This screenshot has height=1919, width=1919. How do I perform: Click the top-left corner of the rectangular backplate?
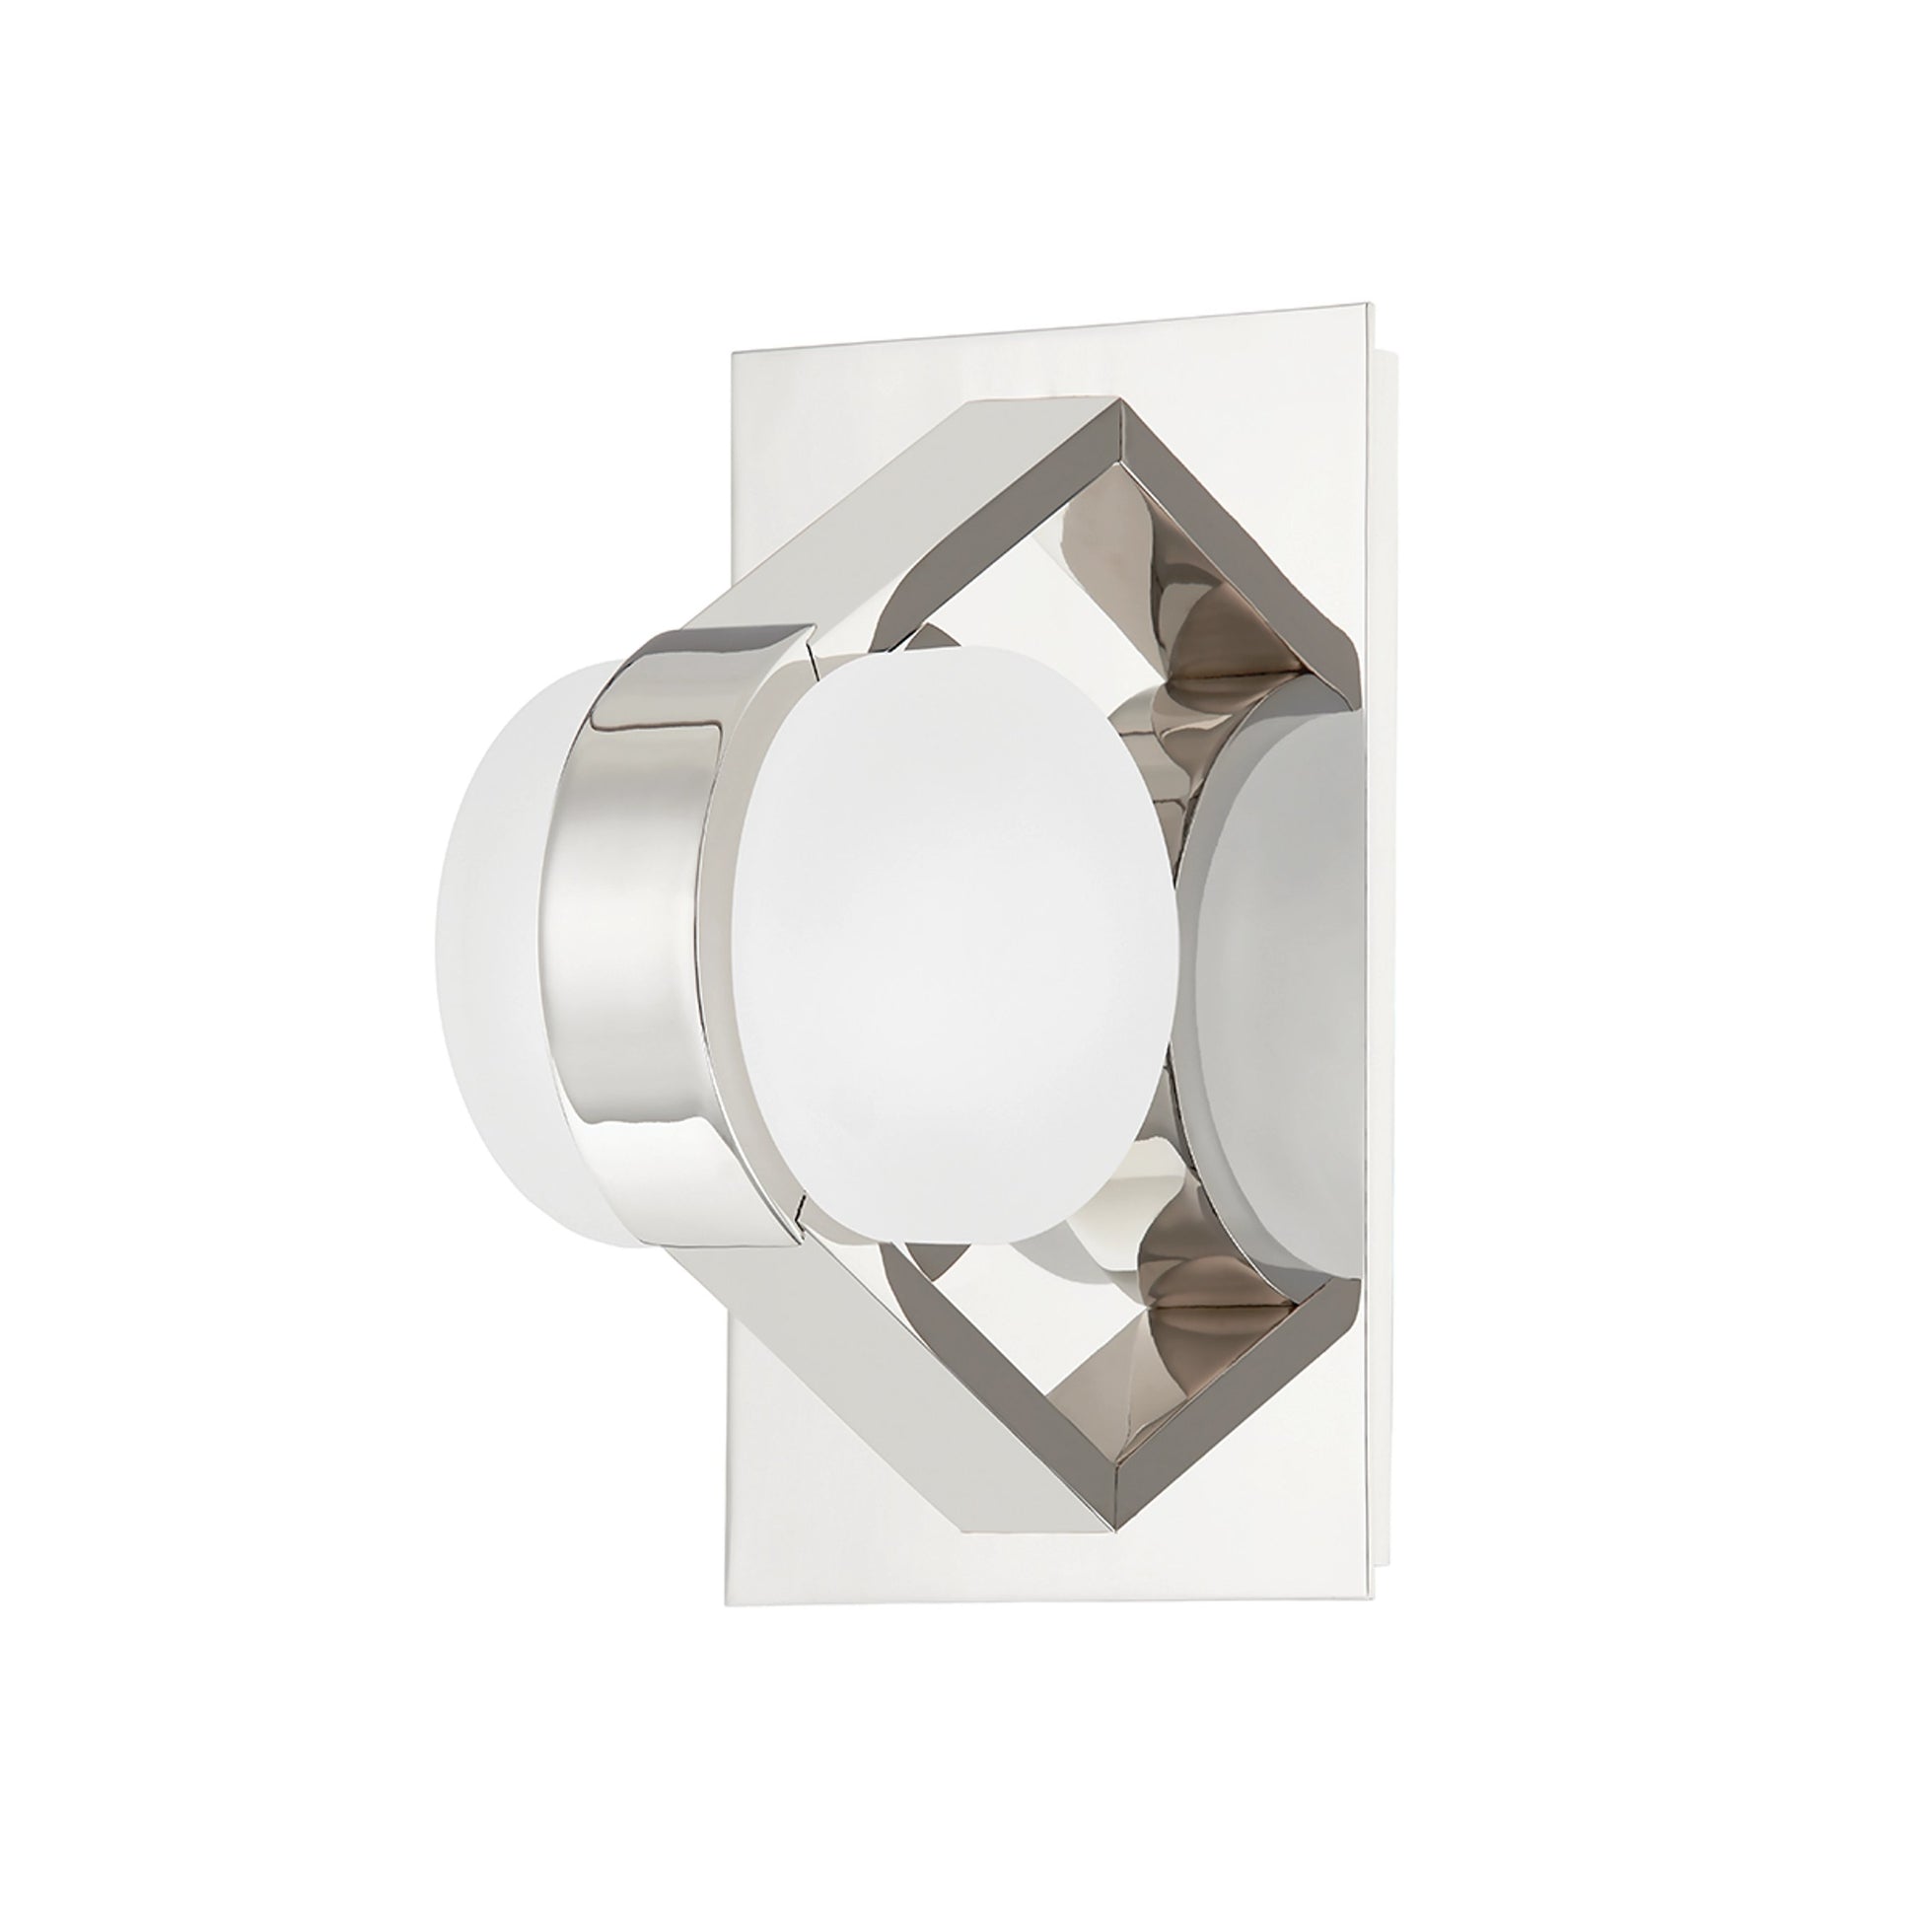pos(733,353)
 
